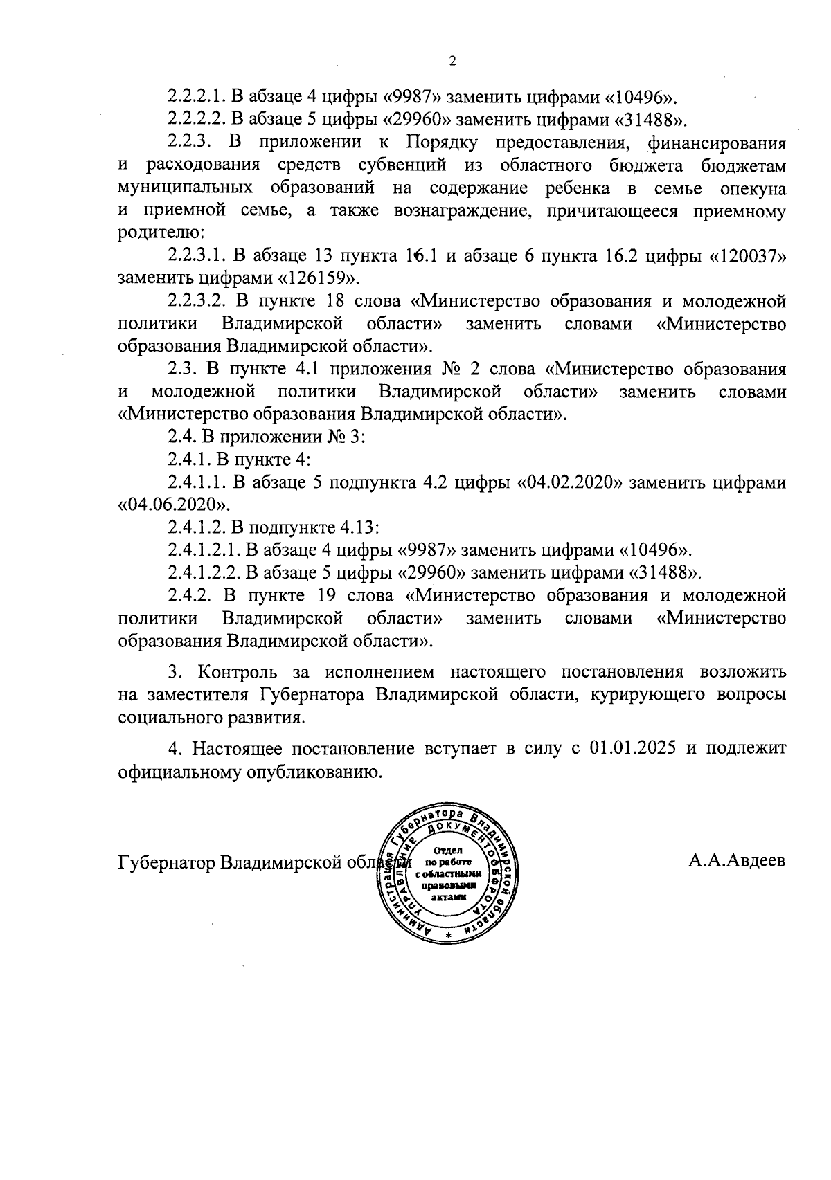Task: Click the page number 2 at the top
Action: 453,62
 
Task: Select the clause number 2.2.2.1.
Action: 196,96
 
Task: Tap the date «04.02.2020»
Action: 567,482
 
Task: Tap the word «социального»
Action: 172,717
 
